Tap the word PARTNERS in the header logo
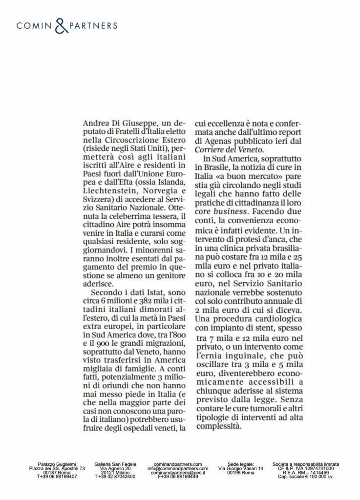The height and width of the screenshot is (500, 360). pyautogui.click(x=93, y=25)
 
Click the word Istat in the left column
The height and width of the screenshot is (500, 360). pyautogui.click(x=154, y=292)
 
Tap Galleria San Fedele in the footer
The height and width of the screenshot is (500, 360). pyautogui.click(x=115, y=464)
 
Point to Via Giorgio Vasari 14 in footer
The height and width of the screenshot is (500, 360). pyautogui.click(x=240, y=468)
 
